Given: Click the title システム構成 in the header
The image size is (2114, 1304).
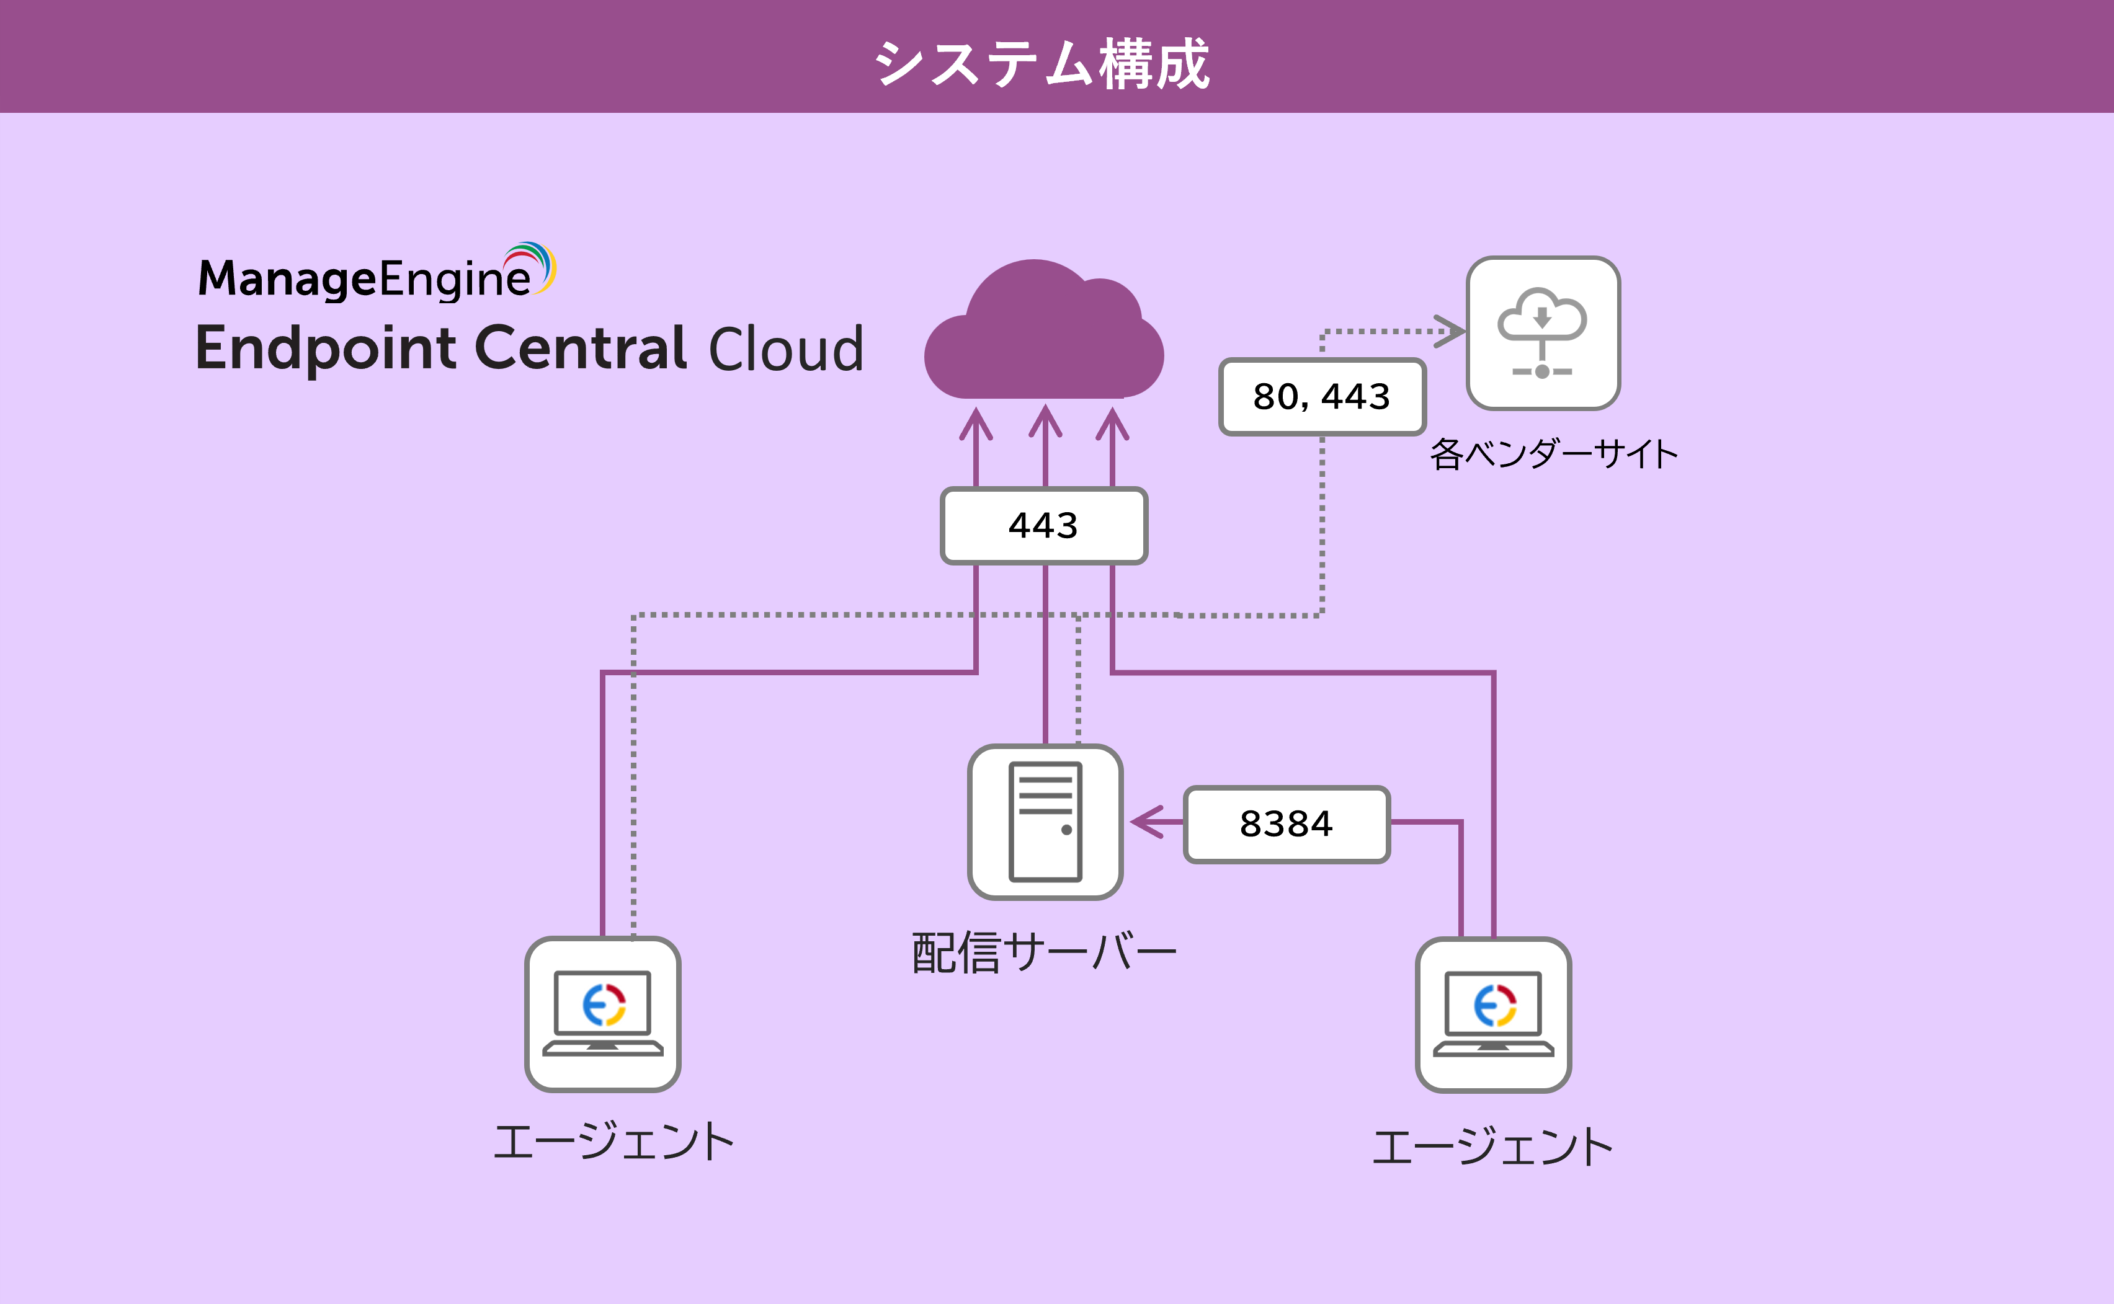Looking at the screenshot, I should [x=1043, y=64].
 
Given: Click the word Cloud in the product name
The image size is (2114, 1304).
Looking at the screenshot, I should [x=786, y=349].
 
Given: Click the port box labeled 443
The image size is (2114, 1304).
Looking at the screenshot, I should [x=1043, y=526].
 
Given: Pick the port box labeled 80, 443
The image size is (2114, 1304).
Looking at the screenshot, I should [x=1321, y=397].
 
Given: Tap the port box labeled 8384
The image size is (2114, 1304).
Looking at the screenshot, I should [x=1286, y=823].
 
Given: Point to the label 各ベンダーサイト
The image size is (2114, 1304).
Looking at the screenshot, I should [x=1553, y=455].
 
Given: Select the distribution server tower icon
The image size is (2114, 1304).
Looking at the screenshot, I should [x=1045, y=822].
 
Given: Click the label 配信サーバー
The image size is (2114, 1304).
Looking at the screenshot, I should [x=1043, y=953].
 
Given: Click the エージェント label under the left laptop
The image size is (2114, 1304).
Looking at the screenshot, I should [x=613, y=1141].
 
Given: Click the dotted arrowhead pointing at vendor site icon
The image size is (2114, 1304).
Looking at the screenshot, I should [x=1451, y=331].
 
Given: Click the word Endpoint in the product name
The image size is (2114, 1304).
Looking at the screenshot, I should [x=325, y=349].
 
